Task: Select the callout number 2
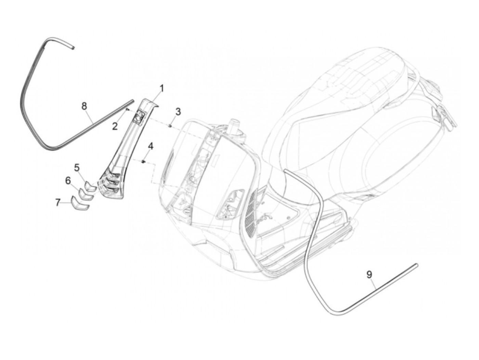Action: tap(115, 126)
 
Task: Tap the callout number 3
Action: tap(178, 112)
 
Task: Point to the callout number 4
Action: tap(151, 147)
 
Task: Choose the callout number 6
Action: tap(68, 180)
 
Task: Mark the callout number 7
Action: tap(58, 203)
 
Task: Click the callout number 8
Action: tap(84, 106)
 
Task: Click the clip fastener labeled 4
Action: tap(144, 161)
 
